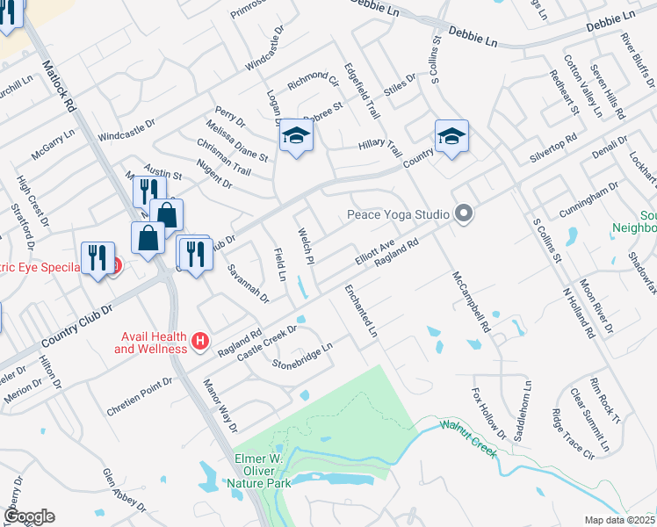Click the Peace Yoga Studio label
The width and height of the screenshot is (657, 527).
pyautogui.click(x=398, y=213)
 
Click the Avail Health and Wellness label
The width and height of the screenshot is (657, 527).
pyautogui.click(x=150, y=343)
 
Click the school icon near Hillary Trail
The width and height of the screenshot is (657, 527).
pyautogui.click(x=451, y=136)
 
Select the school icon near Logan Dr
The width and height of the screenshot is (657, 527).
pyautogui.click(x=297, y=136)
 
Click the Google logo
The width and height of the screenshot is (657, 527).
pyautogui.click(x=28, y=516)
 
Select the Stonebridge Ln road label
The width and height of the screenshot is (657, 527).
pyautogui.click(x=302, y=356)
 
